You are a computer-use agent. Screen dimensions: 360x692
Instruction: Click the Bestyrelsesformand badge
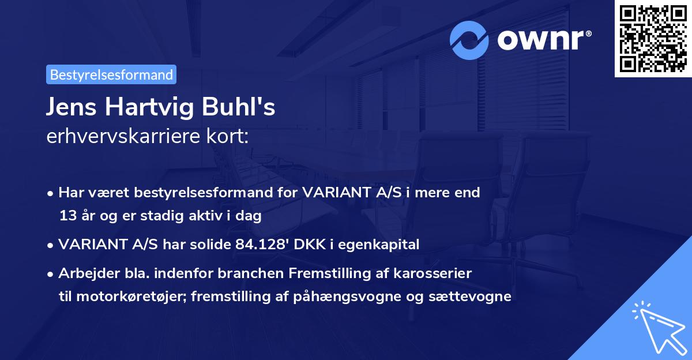(111, 74)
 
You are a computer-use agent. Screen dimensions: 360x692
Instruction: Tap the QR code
(653, 39)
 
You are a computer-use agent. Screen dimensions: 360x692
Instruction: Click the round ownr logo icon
(469, 40)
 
